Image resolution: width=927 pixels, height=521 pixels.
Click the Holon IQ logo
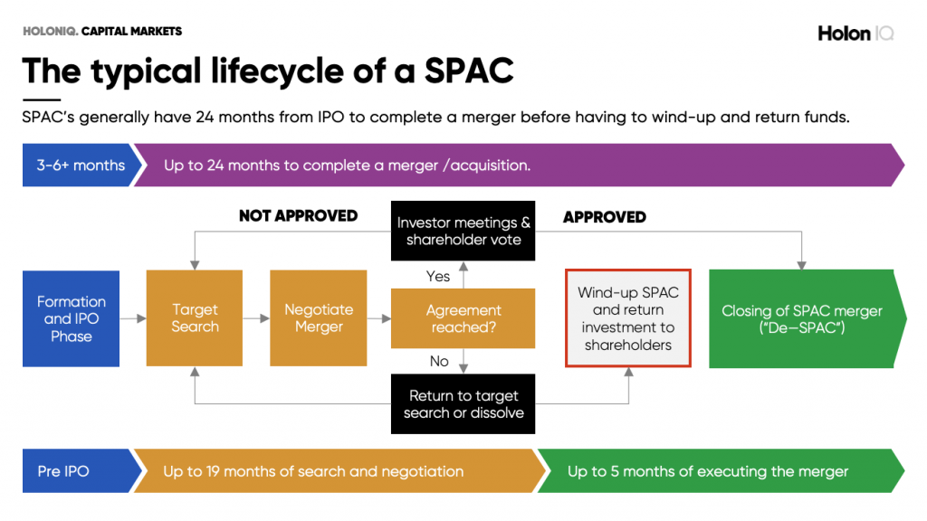(x=855, y=33)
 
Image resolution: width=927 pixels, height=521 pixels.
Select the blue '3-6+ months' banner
(x=81, y=166)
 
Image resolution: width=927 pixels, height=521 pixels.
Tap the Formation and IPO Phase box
(x=72, y=318)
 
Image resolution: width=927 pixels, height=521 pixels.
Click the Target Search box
(x=195, y=318)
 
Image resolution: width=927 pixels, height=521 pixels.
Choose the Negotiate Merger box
(x=319, y=318)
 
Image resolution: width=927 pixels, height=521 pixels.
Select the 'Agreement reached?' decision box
(x=463, y=318)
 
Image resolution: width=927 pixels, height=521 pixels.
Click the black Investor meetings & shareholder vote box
(x=463, y=231)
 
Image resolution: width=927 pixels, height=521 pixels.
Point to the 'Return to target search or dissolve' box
(x=463, y=404)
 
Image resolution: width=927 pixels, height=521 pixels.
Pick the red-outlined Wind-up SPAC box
(x=627, y=318)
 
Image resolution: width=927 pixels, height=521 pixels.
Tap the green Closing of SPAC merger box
(x=801, y=318)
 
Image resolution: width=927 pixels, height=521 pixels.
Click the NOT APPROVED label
(x=298, y=216)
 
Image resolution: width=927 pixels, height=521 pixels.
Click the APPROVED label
(x=604, y=217)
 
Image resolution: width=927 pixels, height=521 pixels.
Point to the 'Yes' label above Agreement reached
(x=438, y=277)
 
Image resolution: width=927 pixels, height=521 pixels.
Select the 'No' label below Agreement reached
(x=439, y=361)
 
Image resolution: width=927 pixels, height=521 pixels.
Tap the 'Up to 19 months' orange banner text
(x=313, y=471)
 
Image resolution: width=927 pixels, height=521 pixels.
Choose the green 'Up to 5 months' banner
(x=708, y=471)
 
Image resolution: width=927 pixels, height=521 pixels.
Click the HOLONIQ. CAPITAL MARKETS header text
(x=102, y=31)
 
